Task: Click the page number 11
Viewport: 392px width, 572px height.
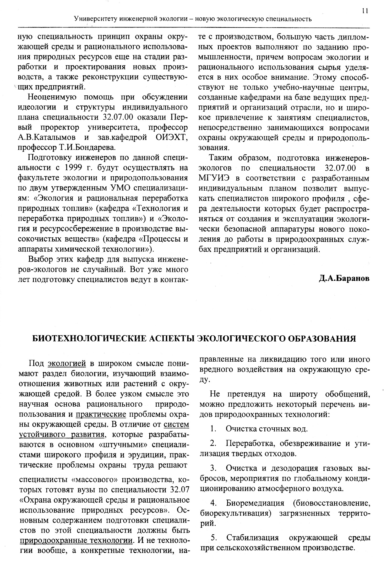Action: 365,11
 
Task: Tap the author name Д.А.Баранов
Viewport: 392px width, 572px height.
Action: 344,278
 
